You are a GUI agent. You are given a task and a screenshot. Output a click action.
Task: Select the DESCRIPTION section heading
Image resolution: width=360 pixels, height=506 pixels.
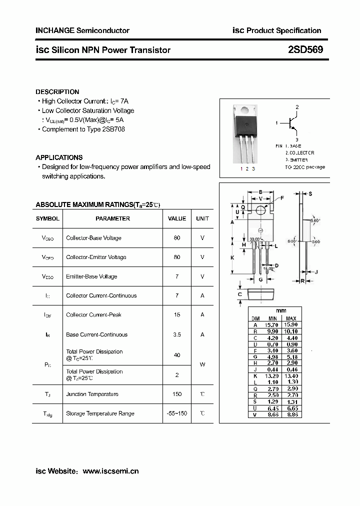point(57,92)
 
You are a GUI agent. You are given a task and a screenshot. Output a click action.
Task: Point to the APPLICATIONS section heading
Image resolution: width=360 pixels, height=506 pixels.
point(59,157)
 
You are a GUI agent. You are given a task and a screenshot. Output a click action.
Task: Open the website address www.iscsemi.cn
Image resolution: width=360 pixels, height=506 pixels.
point(110,471)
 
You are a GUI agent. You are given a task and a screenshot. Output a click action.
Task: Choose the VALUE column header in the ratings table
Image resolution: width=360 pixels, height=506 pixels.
point(177,218)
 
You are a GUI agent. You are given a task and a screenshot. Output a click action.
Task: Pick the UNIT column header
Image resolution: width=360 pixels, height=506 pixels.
point(202,218)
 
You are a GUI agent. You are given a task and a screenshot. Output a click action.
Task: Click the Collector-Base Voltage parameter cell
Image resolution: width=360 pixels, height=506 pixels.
point(93,238)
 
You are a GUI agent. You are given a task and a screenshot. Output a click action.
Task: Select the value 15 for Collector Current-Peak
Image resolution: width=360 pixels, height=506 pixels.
point(177,314)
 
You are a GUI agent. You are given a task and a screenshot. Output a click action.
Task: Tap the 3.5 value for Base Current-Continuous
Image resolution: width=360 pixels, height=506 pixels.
point(177,334)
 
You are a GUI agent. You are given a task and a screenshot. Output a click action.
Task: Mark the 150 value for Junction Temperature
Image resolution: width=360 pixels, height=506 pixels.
point(177,394)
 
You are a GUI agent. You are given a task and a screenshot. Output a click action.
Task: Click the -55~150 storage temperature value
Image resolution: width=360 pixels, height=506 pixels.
point(177,413)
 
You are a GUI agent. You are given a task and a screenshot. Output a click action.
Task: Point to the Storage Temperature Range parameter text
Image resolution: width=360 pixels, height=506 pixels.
point(100,413)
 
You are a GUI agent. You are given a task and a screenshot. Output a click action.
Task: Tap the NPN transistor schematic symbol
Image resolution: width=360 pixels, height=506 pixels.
point(293,122)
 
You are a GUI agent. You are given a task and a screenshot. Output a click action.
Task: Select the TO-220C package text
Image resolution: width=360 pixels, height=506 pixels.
point(305,167)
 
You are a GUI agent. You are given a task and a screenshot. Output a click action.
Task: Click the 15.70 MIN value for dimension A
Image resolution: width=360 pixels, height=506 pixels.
point(272,325)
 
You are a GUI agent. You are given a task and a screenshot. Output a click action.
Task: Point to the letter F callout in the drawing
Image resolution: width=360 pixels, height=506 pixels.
point(282,198)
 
